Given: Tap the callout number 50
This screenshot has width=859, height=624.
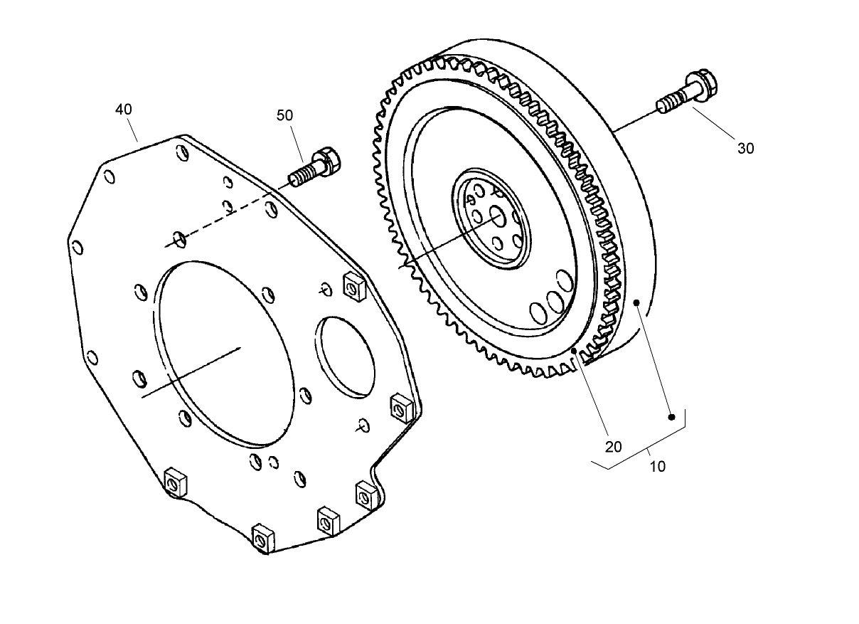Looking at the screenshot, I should (284, 115).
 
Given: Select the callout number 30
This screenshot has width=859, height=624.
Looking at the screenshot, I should (746, 148).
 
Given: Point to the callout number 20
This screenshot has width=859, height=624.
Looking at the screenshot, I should (613, 446).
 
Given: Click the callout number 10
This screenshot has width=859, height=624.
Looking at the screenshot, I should (658, 467).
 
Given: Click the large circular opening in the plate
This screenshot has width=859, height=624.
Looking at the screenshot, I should (223, 348).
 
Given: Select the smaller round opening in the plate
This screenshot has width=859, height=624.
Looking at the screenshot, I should (346, 356).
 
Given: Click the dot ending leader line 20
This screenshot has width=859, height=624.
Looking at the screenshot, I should (575, 351).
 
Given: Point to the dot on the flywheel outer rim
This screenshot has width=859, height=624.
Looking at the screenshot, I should (638, 303).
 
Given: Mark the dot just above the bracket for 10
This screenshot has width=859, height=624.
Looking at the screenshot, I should (671, 417).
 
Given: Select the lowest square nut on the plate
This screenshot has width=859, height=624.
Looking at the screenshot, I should (261, 538).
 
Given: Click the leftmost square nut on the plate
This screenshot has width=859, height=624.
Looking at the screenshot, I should (174, 482).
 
